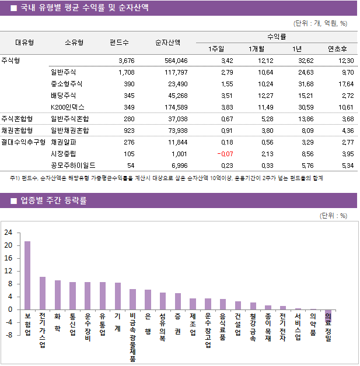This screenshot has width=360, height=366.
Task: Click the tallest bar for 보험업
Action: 27,275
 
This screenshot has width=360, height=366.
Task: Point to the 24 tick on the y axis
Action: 8,233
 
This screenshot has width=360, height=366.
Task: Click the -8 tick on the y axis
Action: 8,335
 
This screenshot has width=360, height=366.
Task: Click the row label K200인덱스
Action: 68,107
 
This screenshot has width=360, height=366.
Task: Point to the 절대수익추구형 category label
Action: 23,142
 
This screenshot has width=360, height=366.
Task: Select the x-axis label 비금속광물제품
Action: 132,337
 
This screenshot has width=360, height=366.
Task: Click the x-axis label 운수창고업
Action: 208,330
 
